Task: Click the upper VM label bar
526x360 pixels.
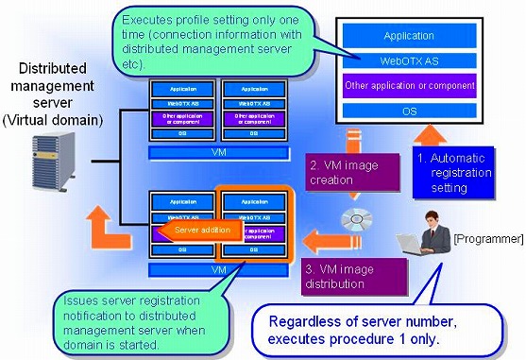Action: pos(218,150)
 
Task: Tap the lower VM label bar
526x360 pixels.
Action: pos(218,269)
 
